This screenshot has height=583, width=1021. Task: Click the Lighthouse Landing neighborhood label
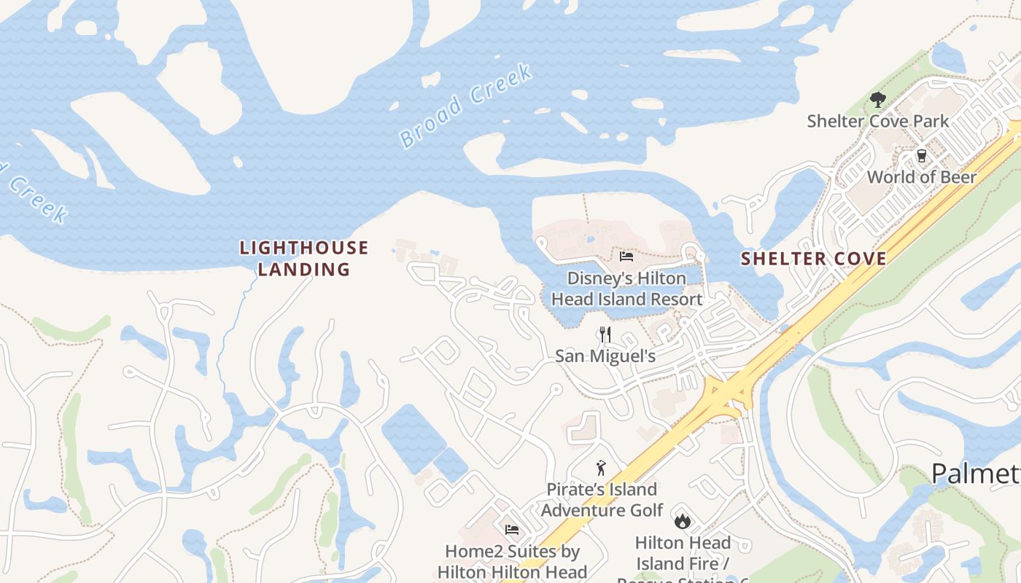[304, 259]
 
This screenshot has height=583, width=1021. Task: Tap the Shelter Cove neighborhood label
[814, 259]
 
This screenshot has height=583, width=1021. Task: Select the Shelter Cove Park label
[878, 121]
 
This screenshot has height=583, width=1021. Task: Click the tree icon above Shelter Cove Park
[878, 100]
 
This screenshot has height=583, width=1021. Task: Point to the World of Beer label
[922, 176]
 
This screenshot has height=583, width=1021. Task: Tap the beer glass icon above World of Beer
[921, 156]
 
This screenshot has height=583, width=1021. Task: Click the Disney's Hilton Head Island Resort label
[627, 289]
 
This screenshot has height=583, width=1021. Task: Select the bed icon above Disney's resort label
[626, 256]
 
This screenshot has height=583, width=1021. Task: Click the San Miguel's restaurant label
[605, 356]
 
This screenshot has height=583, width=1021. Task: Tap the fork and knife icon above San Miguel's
[605, 334]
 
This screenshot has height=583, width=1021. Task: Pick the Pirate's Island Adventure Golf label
[602, 499]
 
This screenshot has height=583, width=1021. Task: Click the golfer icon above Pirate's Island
[601, 468]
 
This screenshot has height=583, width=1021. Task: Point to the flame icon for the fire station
[683, 520]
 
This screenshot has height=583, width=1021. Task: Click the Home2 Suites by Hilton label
[513, 561]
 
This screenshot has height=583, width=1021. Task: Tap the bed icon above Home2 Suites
[512, 529]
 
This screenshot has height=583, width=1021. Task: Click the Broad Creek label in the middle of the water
[467, 106]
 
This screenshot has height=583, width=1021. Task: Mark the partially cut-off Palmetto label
[976, 474]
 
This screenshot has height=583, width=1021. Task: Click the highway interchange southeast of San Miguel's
[725, 394]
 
